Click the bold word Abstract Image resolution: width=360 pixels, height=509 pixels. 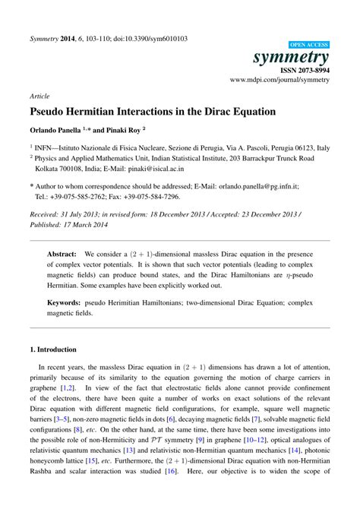click(x=62, y=254)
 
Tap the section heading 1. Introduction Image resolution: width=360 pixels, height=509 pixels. click(x=53, y=349)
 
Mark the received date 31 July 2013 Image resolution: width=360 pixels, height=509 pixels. click(x=93, y=214)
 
